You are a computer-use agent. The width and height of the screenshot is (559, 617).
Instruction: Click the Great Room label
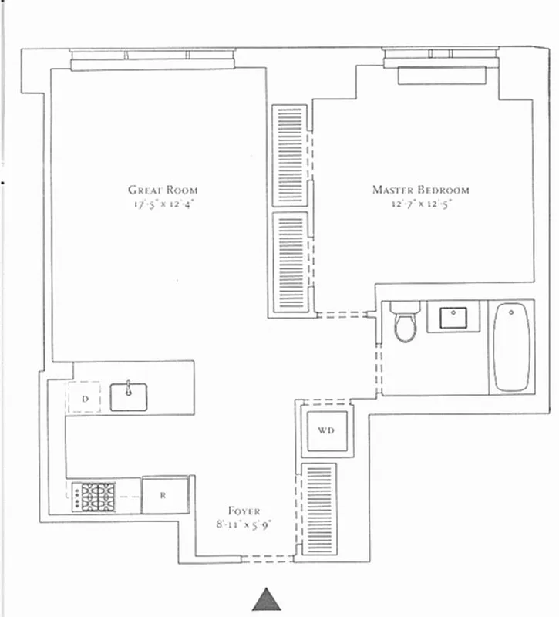click(163, 190)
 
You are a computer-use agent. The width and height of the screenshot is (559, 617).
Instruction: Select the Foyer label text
click(244, 511)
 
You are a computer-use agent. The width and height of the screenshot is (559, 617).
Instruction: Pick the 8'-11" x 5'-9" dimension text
click(244, 525)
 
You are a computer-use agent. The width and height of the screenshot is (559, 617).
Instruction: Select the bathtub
click(512, 347)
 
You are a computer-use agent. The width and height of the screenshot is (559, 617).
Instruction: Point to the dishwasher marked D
click(86, 398)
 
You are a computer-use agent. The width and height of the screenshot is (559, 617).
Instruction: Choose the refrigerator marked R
click(164, 495)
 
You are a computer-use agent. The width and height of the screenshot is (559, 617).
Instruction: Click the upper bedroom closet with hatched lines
click(291, 154)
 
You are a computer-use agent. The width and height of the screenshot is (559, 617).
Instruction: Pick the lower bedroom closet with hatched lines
click(291, 262)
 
